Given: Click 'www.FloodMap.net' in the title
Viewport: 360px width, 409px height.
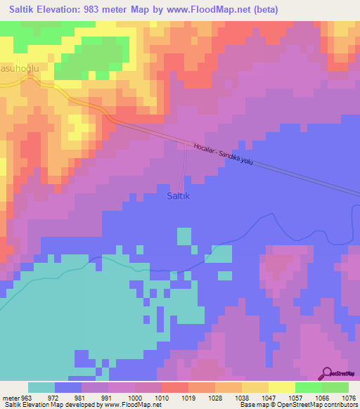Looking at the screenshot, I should tap(212, 10).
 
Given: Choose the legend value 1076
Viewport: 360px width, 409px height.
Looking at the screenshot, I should tap(349, 397).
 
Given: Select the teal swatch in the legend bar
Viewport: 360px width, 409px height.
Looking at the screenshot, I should tap(41, 387).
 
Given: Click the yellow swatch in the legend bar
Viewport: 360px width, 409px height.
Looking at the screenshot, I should tap(281, 387).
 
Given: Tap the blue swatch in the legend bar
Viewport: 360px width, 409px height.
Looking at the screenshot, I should tap(67, 387).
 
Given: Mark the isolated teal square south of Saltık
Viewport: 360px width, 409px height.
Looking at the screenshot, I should tap(184, 236).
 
